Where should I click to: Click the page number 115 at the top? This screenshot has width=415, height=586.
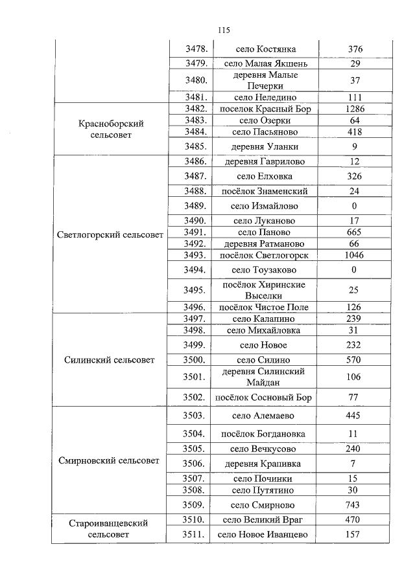point(224,30)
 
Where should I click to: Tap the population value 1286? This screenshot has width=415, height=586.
point(355,109)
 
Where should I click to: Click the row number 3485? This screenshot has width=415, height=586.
point(195,146)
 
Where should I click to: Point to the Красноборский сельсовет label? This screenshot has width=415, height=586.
point(110,129)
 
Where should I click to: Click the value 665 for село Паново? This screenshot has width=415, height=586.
point(355,232)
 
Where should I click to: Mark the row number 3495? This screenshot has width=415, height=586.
point(195,289)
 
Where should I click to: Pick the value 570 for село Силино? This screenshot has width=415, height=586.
point(355,359)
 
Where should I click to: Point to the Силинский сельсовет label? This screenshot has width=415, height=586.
point(110,360)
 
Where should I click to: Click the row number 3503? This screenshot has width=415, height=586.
point(195,415)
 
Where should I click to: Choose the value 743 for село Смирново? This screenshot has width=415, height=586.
point(355,505)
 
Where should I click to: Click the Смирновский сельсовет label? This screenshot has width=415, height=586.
point(110,461)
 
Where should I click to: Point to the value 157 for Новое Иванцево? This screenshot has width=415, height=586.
point(355,534)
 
